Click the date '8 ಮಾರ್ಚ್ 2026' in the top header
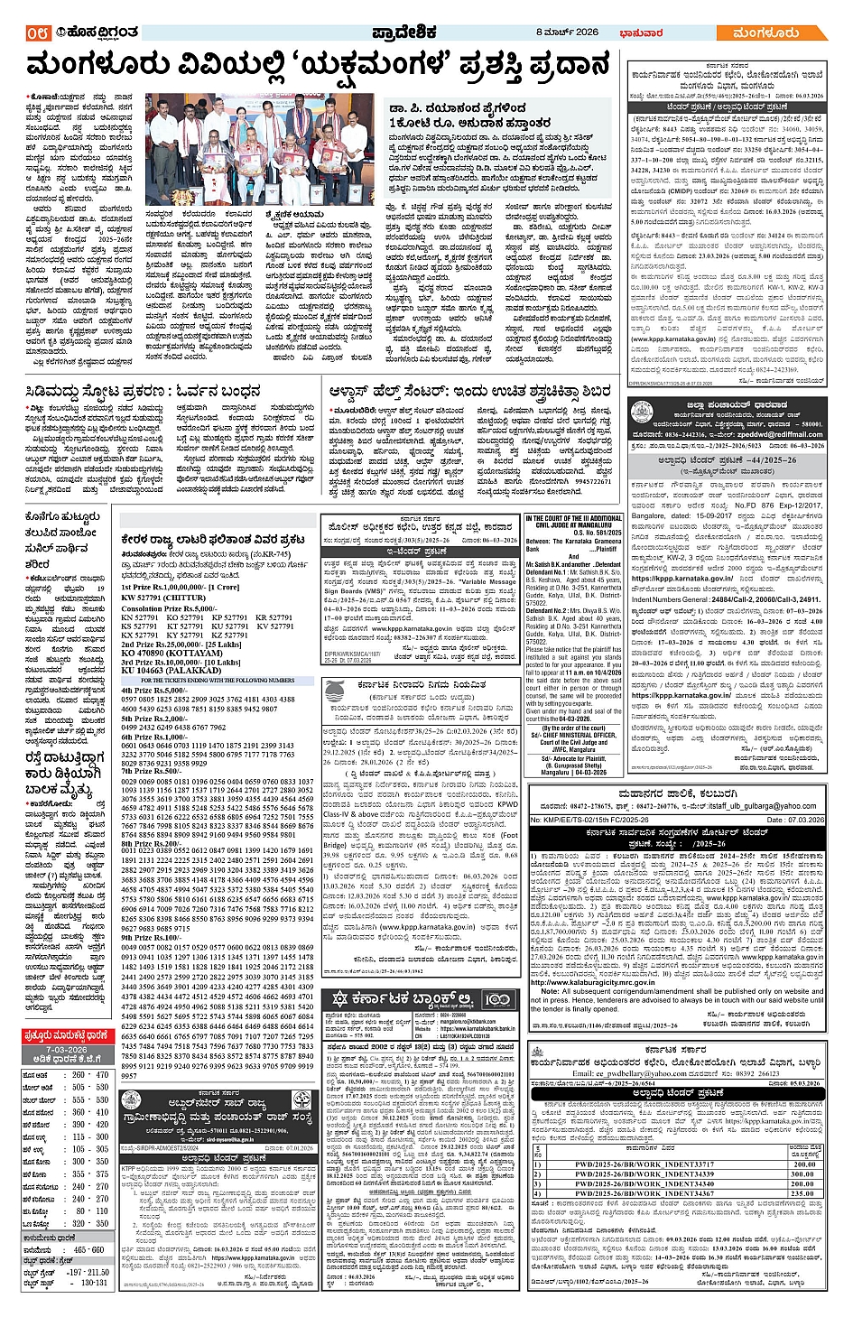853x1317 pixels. pyautogui.click(x=568, y=32)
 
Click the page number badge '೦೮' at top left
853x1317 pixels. pyautogui.click(x=37, y=33)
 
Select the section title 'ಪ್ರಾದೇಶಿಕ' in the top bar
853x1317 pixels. pyautogui.click(x=403, y=33)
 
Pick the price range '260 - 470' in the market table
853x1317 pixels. pyautogui.click(x=90, y=1075)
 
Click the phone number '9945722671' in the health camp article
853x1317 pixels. pyautogui.click(x=593, y=482)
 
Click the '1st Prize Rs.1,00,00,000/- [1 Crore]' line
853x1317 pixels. pyautogui.click(x=181, y=588)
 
